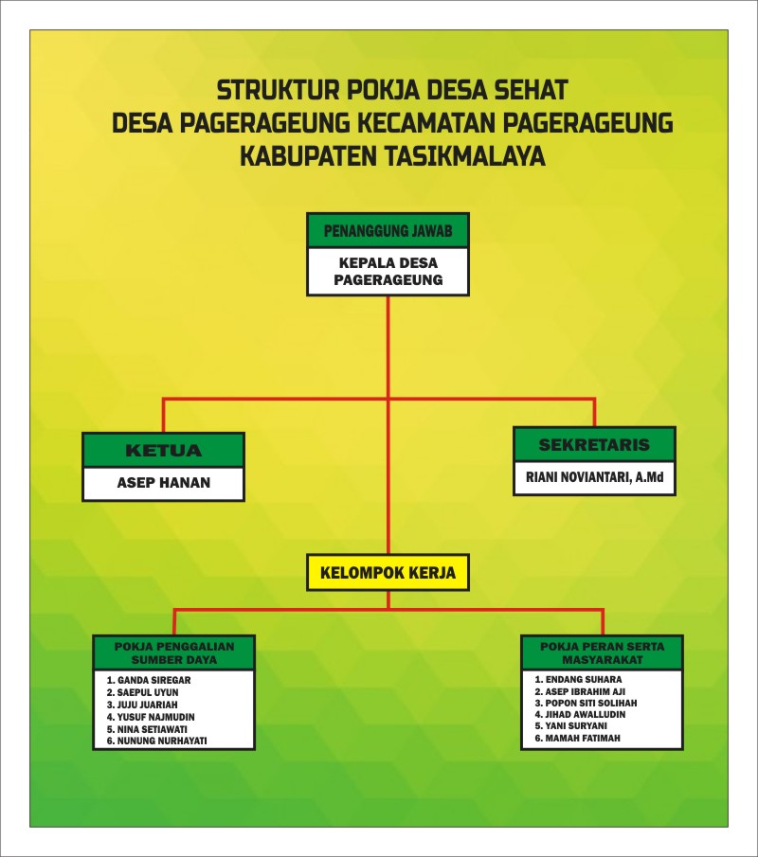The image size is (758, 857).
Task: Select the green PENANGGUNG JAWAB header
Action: point(388,230)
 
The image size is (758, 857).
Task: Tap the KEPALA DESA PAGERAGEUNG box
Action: point(388,272)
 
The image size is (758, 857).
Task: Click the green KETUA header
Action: point(164,450)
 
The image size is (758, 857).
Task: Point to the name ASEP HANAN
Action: point(164,483)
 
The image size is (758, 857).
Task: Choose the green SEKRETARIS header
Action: point(594,444)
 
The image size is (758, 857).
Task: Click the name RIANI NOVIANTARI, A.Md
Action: point(594,478)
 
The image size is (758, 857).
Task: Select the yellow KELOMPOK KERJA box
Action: point(388,573)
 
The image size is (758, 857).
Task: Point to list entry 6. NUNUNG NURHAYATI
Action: point(157,741)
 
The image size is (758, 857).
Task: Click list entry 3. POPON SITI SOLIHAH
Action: point(586,704)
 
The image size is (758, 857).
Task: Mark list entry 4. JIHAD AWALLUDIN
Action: point(581,715)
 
